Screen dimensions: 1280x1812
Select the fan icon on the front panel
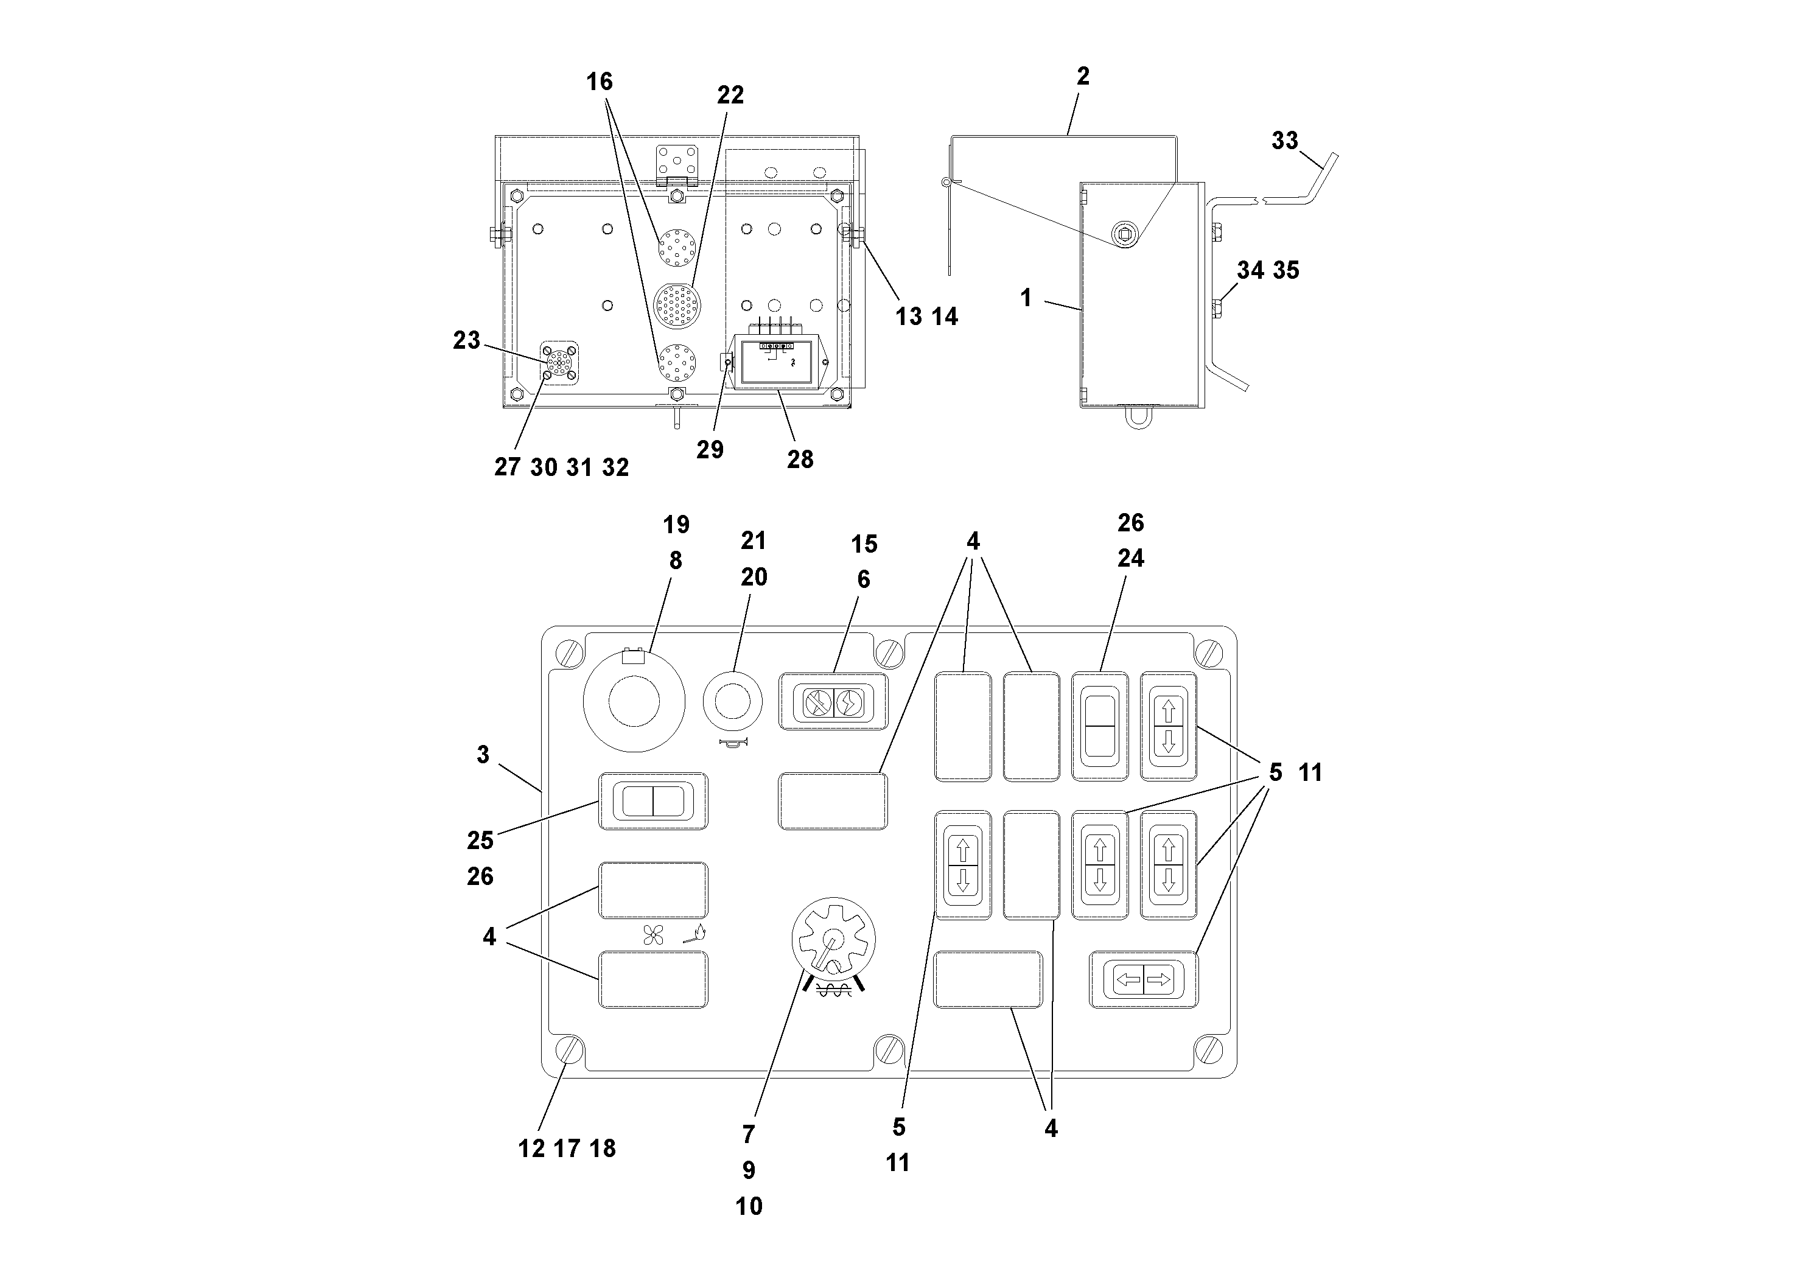tap(652, 935)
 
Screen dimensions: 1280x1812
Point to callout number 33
tap(1285, 141)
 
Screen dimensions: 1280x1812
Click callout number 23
tap(466, 340)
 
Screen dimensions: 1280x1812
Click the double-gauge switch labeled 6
tap(833, 702)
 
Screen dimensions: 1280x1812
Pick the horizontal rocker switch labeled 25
tap(654, 800)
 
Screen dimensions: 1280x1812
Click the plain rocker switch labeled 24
tap(1099, 727)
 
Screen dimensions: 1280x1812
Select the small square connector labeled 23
tap(559, 362)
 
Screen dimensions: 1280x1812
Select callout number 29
tap(710, 449)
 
